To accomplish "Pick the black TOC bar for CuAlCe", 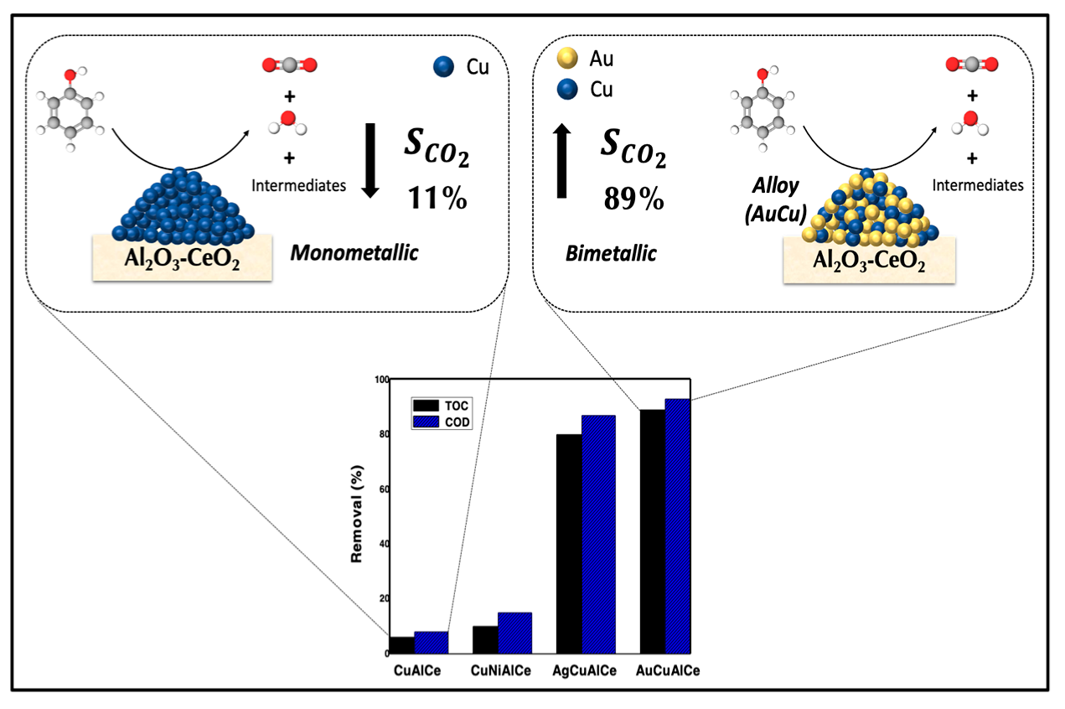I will (402, 644).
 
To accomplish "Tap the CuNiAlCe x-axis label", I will (501, 672).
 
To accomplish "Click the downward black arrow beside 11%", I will (369, 159).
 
